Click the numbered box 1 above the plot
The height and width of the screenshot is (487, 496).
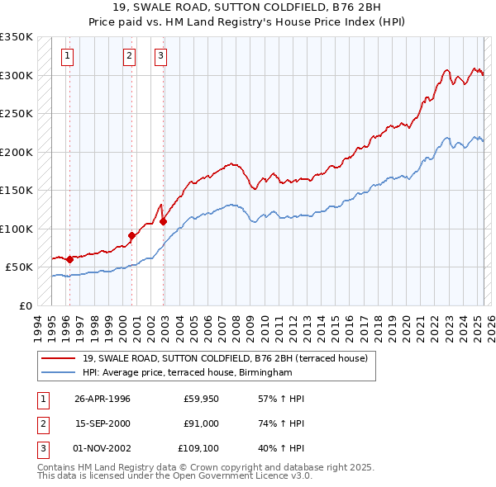pos(67,56)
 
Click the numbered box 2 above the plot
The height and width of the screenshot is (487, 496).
pos(130,56)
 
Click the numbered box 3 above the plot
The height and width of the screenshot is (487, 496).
pos(160,56)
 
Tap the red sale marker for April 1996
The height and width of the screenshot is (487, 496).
pos(69,259)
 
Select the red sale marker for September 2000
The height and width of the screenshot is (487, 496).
pos(132,235)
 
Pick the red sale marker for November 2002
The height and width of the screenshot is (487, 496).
pos(163,221)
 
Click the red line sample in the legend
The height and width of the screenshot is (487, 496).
pos(59,358)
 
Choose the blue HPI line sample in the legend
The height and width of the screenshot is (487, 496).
pos(59,373)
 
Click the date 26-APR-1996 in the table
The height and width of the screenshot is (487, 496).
pos(103,399)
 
